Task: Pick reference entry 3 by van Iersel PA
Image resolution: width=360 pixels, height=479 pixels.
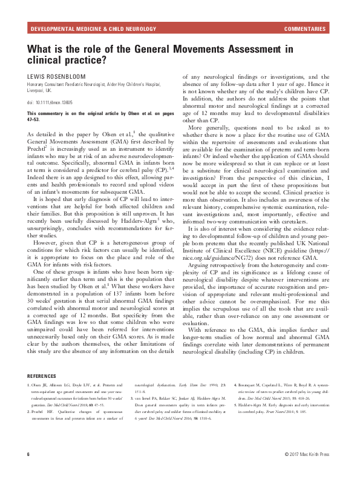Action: [x=182, y=407]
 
